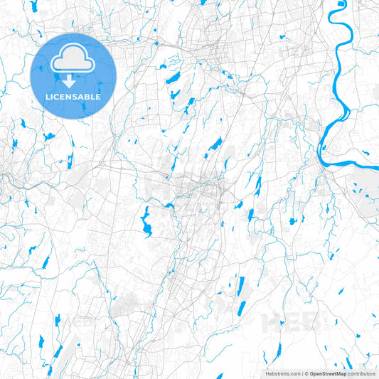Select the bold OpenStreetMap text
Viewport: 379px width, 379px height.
pos(327,373)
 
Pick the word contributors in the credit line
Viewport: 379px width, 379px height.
pos(361,373)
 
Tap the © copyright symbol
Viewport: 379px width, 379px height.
pos(306,373)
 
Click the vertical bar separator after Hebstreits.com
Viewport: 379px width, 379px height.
pos(301,373)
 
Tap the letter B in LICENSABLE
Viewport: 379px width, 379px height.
pos(89,96)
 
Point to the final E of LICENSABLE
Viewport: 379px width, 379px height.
pos(100,96)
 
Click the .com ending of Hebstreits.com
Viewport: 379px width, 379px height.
pos(294,373)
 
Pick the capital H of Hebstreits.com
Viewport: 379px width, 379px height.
pos(268,373)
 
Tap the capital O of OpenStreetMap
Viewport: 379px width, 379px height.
pos(311,373)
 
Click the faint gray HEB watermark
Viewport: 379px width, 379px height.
pos(284,322)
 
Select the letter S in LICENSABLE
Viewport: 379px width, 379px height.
pos(77,96)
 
